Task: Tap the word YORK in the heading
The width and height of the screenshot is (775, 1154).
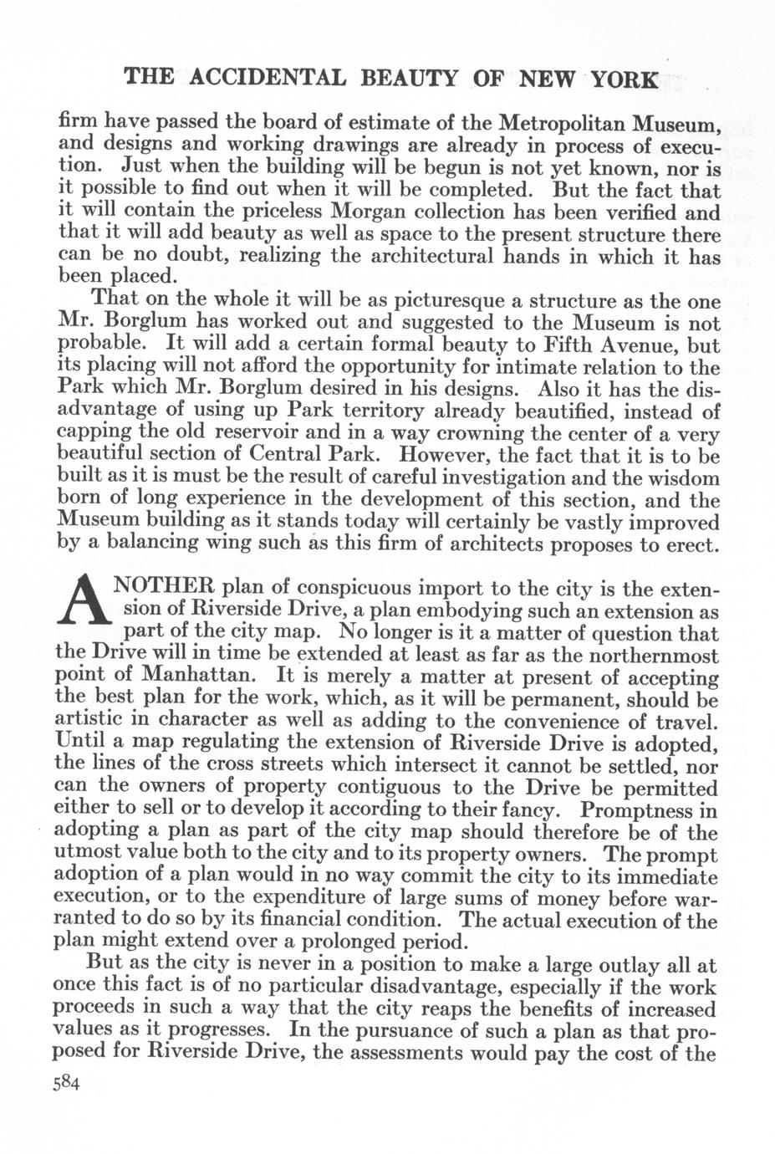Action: coord(623,79)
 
